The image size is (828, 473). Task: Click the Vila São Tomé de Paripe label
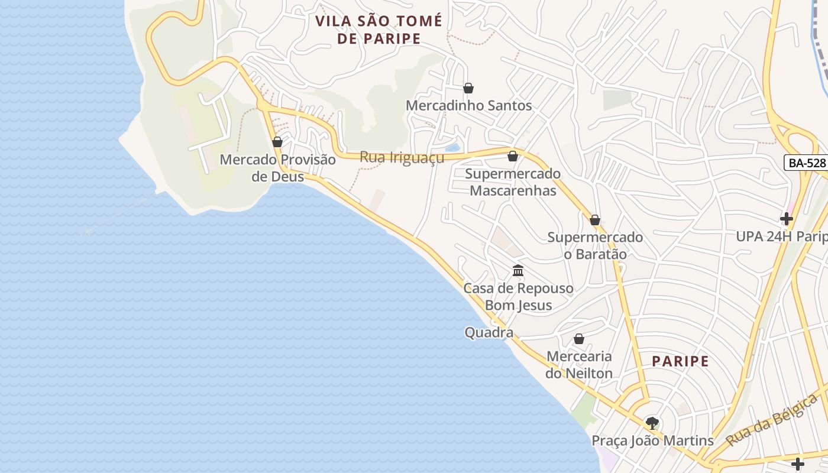[x=379, y=30]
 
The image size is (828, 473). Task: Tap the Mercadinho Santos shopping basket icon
[x=468, y=88]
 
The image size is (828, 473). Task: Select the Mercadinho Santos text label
[x=468, y=106]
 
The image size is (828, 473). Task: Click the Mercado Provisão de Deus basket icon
[x=277, y=142]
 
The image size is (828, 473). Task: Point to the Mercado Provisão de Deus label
[x=277, y=168]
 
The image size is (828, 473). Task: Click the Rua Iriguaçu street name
[x=402, y=158]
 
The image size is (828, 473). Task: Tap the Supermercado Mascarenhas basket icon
[x=513, y=156]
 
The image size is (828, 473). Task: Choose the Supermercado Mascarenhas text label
[x=512, y=182]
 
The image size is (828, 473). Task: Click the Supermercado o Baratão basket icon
[x=595, y=220]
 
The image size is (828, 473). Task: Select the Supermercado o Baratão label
[x=595, y=245]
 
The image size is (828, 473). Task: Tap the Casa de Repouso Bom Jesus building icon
[x=518, y=271]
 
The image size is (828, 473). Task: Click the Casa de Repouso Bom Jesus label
[x=518, y=297]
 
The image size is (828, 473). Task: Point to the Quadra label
[x=489, y=333]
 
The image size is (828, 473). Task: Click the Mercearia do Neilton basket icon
[x=579, y=339]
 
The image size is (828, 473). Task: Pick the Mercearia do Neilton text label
[x=579, y=365]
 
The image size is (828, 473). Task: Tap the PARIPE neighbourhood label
[x=680, y=361]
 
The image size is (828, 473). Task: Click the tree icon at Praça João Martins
[x=652, y=423]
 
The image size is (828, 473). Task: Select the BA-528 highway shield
[x=806, y=163]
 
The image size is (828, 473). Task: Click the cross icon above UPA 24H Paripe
[x=786, y=219]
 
